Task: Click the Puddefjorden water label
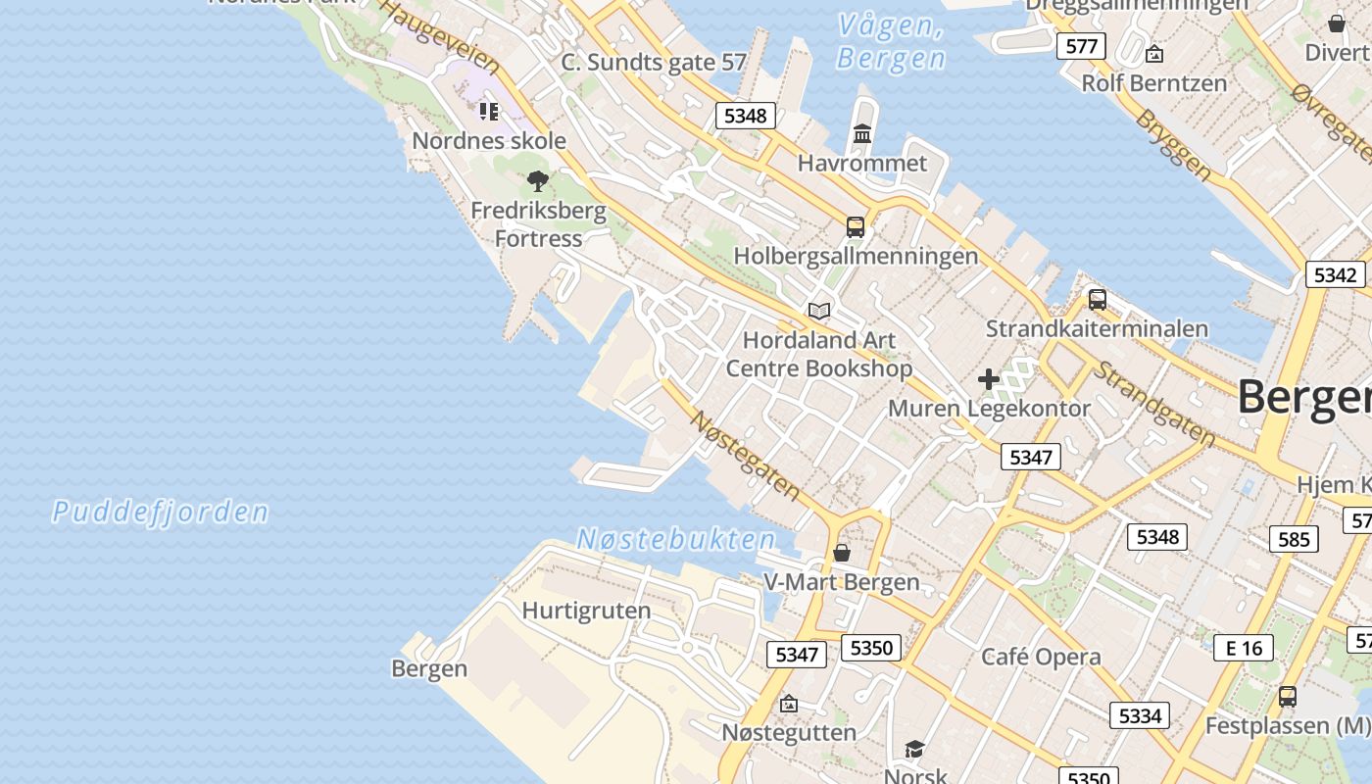(x=160, y=512)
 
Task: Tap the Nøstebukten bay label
(x=676, y=539)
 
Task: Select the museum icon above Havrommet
(x=862, y=133)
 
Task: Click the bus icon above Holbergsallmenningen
(x=856, y=227)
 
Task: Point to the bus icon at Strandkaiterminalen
(x=1098, y=300)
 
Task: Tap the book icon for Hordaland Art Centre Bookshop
(x=819, y=312)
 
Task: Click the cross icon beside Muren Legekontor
(x=988, y=379)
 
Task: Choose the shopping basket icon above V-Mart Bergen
(x=841, y=554)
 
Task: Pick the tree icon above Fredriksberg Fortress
(x=537, y=180)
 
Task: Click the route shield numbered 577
(x=1081, y=46)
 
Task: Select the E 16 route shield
(x=1244, y=648)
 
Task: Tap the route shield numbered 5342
(x=1335, y=274)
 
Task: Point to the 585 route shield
(x=1294, y=539)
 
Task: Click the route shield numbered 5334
(x=1140, y=715)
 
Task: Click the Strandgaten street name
(x=1154, y=405)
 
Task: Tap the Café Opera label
(x=1041, y=657)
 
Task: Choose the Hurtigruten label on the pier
(x=586, y=611)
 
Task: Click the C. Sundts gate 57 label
(x=654, y=63)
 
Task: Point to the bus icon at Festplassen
(x=1288, y=697)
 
